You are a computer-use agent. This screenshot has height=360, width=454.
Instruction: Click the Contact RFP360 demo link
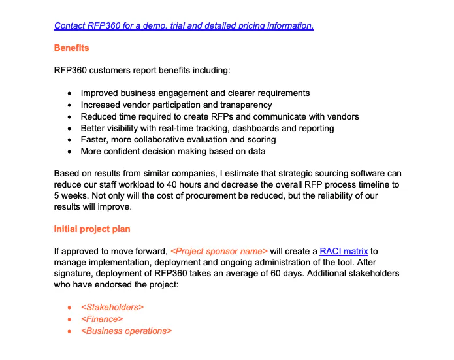(184, 26)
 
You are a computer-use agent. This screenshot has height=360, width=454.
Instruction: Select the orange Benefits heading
(71, 48)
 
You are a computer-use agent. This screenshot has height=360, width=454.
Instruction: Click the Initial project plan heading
(91, 229)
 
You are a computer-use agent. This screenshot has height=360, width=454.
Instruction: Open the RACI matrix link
(344, 251)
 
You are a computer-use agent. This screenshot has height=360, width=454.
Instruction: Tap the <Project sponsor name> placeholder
(219, 251)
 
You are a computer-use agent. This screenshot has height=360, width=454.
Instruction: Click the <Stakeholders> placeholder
(112, 307)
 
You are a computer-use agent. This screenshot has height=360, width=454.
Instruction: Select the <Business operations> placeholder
(126, 331)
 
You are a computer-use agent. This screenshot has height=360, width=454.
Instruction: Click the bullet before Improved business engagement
(70, 93)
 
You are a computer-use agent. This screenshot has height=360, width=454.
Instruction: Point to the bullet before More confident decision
(70, 152)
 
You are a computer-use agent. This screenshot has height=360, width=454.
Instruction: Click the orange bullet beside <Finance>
(70, 319)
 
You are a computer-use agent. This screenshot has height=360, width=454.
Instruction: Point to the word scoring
(260, 140)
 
